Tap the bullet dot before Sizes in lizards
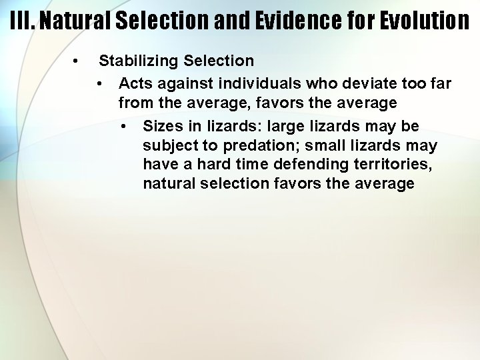pyautogui.click(x=123, y=126)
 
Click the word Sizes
pyautogui.click(x=161, y=126)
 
